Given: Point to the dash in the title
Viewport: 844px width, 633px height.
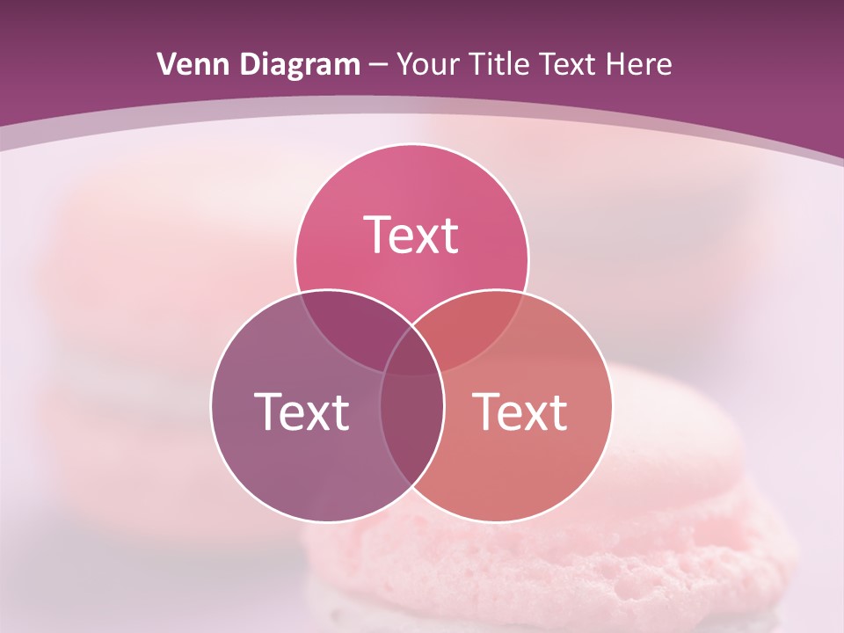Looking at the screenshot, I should [378, 65].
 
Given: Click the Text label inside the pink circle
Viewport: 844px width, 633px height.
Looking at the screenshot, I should [411, 235].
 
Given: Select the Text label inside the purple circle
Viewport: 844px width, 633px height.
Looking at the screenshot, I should [302, 411].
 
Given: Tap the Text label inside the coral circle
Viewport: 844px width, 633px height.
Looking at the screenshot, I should [520, 411].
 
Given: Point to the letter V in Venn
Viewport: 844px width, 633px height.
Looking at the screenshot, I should [165, 64].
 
